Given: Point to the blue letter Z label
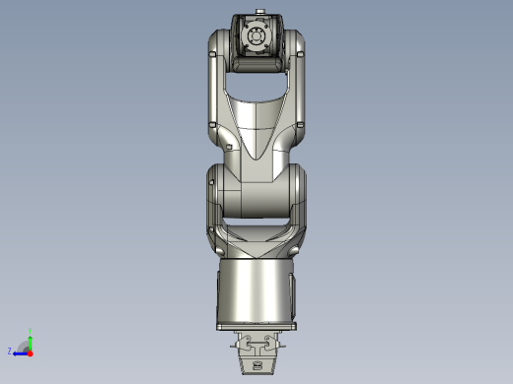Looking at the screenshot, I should coord(10,351).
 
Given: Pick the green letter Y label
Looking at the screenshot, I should coord(31,331).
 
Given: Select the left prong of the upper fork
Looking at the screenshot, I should coord(216,79).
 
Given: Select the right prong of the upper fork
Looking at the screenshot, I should coord(297,79).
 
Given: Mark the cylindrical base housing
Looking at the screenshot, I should coord(256,290).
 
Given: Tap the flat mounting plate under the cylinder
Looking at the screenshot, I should coord(256,326).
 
